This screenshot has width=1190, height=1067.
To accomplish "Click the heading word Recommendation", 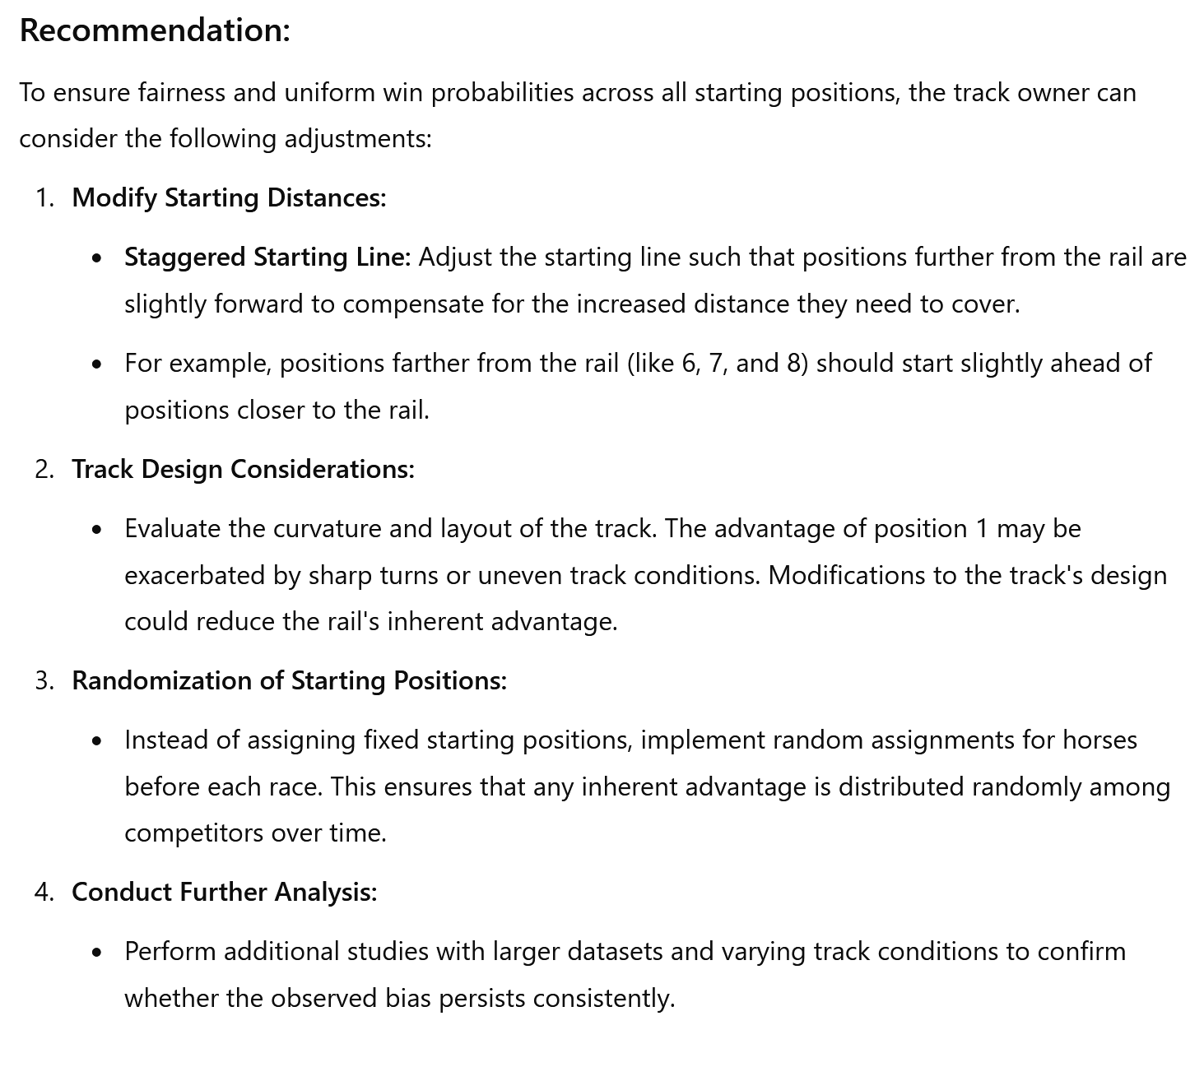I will click(x=154, y=30).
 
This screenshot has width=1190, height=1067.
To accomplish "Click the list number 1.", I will click(x=43, y=198).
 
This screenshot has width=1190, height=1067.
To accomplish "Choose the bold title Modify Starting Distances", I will click(x=228, y=198).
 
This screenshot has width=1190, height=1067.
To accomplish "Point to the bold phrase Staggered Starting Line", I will click(x=267, y=257).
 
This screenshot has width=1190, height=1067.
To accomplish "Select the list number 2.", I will click(x=43, y=469).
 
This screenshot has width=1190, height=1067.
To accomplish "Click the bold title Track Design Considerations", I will click(x=243, y=469).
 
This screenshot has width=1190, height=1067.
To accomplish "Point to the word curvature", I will click(x=326, y=528).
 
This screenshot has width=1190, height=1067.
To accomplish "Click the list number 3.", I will click(x=43, y=681).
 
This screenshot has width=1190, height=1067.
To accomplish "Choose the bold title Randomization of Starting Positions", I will click(x=289, y=681).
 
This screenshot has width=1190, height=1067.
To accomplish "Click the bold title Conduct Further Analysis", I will click(x=224, y=893).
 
